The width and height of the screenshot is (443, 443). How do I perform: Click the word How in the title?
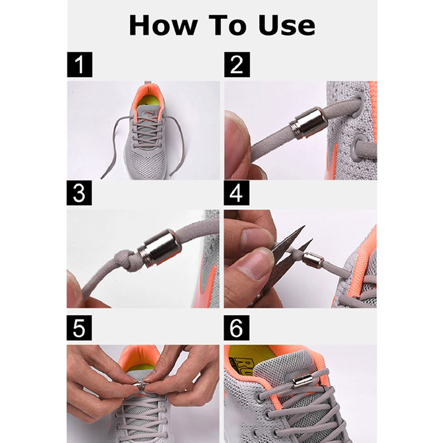point(163,25)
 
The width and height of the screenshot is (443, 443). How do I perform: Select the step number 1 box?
point(80,64)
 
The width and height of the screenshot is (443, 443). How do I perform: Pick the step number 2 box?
point(237,64)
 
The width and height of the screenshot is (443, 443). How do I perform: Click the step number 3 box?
point(79,193)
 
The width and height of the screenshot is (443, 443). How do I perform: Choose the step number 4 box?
point(236,193)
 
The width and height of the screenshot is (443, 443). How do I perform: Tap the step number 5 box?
point(79,328)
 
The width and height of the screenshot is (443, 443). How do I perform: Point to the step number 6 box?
point(236,328)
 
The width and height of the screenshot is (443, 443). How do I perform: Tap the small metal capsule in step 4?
point(313,260)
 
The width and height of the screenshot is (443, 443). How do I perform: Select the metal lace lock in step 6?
point(302,381)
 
